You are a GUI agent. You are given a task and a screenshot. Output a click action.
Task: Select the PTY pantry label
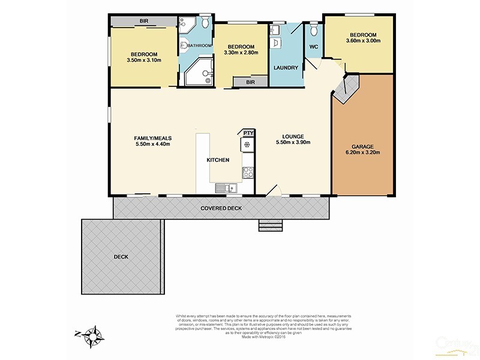click(x=248, y=133)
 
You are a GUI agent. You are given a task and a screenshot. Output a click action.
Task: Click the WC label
click(x=314, y=47)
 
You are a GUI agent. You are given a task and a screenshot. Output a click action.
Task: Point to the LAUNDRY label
click(x=286, y=68)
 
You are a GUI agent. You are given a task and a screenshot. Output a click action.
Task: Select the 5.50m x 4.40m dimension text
click(x=152, y=145)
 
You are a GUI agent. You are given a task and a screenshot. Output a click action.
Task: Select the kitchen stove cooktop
click(x=247, y=173)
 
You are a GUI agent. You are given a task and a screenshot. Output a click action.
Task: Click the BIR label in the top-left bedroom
click(x=144, y=21)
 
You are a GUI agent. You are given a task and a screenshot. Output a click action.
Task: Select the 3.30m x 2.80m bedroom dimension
click(x=241, y=53)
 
